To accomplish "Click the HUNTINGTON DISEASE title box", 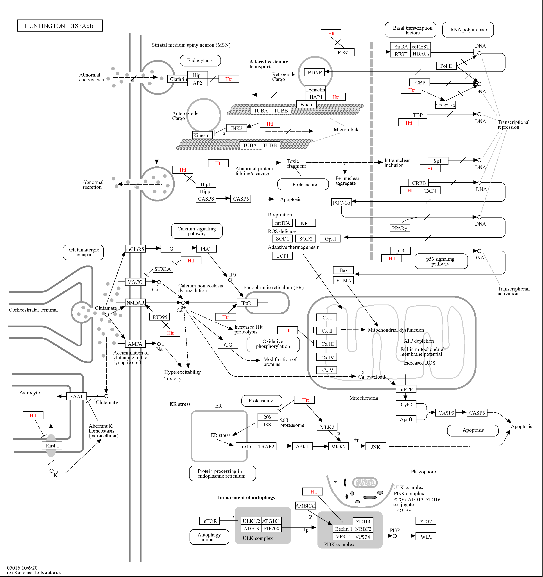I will [60, 26].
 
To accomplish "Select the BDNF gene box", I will [314, 73].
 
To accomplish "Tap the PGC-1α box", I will [341, 203].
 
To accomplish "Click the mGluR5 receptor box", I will [135, 249].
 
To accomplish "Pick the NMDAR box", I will [135, 303].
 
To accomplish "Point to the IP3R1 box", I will [247, 303].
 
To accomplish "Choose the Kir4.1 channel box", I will [52, 445].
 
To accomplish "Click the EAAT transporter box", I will [76, 397].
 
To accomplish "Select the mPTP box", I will [406, 390].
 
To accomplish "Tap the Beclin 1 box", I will [343, 529].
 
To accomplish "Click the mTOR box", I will [210, 521].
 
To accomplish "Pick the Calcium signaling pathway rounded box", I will [197, 231].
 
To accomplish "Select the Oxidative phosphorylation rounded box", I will [273, 344].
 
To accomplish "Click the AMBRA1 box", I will [305, 506].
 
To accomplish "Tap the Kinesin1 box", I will [203, 135].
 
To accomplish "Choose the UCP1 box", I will [282, 256].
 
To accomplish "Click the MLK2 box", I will [327, 427].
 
